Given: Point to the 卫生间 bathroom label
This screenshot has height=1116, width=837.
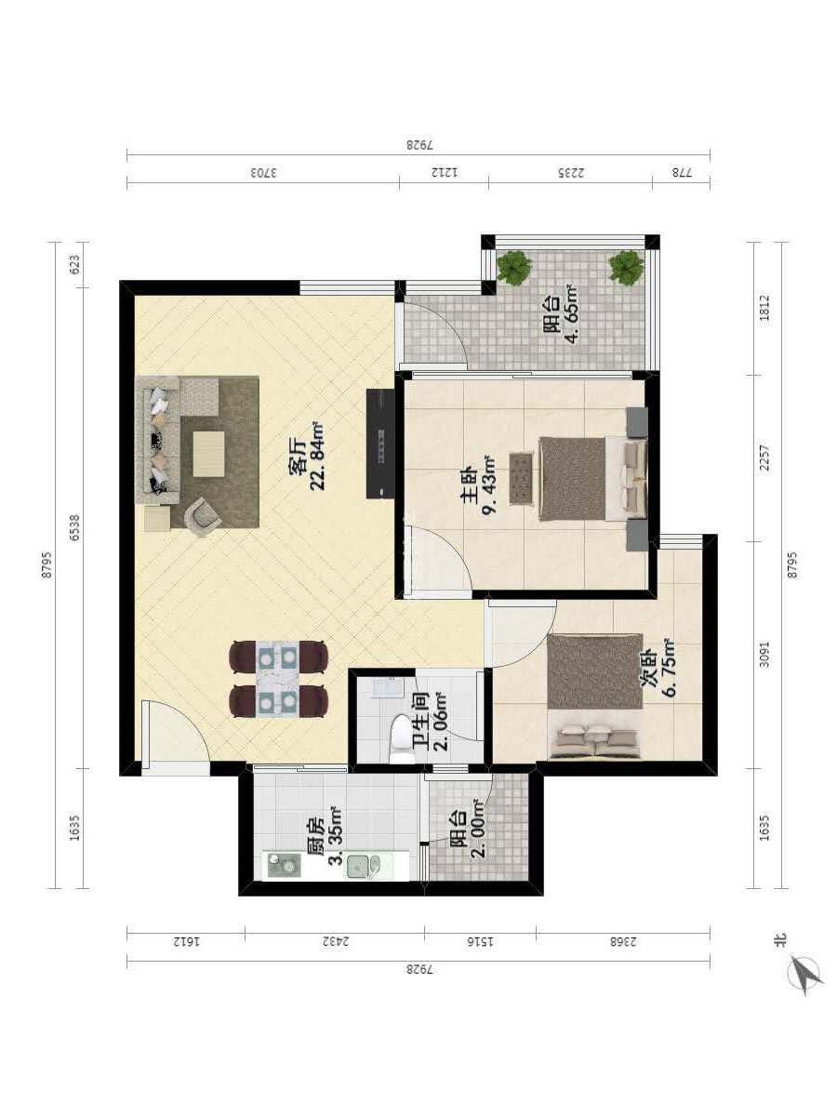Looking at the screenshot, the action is [422, 724].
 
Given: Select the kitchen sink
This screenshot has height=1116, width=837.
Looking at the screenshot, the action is [363, 867].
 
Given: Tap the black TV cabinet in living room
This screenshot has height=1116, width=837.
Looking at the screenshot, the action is [380, 444].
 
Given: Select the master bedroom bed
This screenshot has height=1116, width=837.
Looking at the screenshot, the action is [592, 479].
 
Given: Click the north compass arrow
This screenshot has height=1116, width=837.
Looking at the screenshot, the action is [805, 974].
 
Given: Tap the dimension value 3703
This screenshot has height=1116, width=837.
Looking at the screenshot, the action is [263, 172].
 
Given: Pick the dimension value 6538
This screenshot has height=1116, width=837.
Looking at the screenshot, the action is [74, 527].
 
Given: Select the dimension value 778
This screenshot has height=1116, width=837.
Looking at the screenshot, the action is [682, 172].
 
